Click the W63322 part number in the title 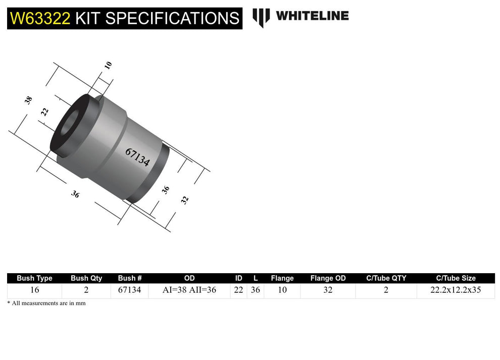(40, 18)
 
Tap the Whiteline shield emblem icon (261, 17)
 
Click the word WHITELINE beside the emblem (312, 16)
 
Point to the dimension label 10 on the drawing (108, 65)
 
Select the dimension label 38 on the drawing (29, 100)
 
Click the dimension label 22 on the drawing (44, 112)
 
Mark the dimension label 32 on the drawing (185, 199)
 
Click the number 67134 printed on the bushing (137, 158)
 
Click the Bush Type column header (34, 278)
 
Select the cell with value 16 (34, 290)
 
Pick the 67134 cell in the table (129, 290)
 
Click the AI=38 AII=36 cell (189, 290)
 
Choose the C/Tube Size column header (456, 278)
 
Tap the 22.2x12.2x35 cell (456, 290)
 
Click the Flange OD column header (328, 278)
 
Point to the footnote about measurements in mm (46, 303)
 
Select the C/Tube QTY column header (386, 278)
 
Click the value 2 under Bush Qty (86, 290)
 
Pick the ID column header (239, 278)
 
